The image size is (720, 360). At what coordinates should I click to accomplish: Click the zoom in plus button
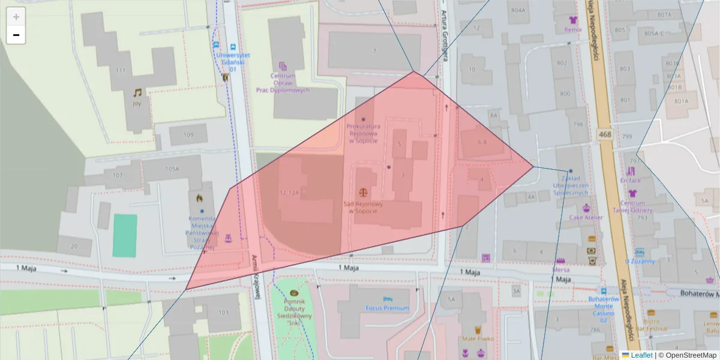(x=16, y=17)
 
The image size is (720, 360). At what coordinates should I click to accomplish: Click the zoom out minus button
(x=16, y=35)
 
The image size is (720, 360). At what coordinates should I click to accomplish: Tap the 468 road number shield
(x=605, y=134)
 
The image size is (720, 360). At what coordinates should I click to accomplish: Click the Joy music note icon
(x=137, y=93)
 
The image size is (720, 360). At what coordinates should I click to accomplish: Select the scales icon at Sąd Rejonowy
(x=362, y=192)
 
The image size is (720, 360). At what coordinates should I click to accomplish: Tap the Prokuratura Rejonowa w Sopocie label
(x=364, y=133)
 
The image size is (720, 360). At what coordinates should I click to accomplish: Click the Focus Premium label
(x=387, y=308)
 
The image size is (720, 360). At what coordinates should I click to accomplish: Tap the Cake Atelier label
(x=585, y=218)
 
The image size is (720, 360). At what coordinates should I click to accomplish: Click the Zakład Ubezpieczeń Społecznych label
(x=570, y=185)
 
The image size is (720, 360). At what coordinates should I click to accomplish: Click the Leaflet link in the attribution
(x=641, y=355)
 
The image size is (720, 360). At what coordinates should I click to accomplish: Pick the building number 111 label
(x=121, y=70)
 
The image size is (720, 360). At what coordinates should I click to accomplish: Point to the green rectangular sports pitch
(x=125, y=235)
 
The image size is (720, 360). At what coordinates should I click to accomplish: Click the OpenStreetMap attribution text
(x=691, y=355)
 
